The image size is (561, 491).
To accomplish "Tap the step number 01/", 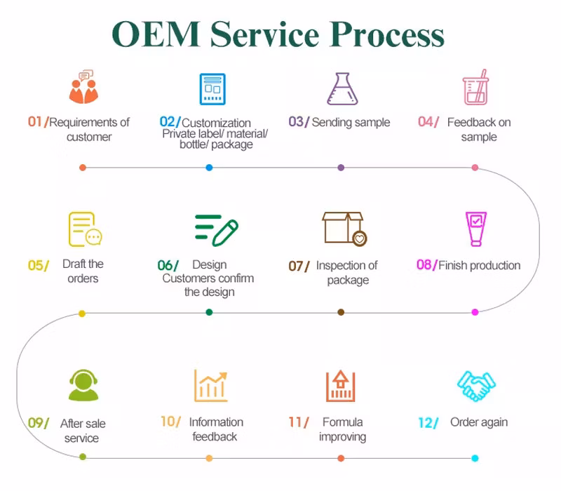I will tap(38, 122).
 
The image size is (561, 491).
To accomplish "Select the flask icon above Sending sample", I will tap(342, 89).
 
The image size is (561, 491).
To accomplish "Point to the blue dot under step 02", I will tap(209, 168).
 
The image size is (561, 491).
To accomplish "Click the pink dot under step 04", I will tap(475, 168).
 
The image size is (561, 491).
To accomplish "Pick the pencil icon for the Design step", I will tap(217, 230).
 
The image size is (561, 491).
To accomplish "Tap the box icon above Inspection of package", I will tap(344, 229).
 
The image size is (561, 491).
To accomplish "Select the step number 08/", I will tap(426, 265).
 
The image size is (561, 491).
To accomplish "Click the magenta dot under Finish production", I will tap(475, 312).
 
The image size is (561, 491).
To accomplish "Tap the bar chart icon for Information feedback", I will tap(211, 385).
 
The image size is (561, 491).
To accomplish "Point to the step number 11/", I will tap(298, 422).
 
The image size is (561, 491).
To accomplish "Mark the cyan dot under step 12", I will tap(475, 458).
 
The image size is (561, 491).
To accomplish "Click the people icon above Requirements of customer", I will tap(83, 88).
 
